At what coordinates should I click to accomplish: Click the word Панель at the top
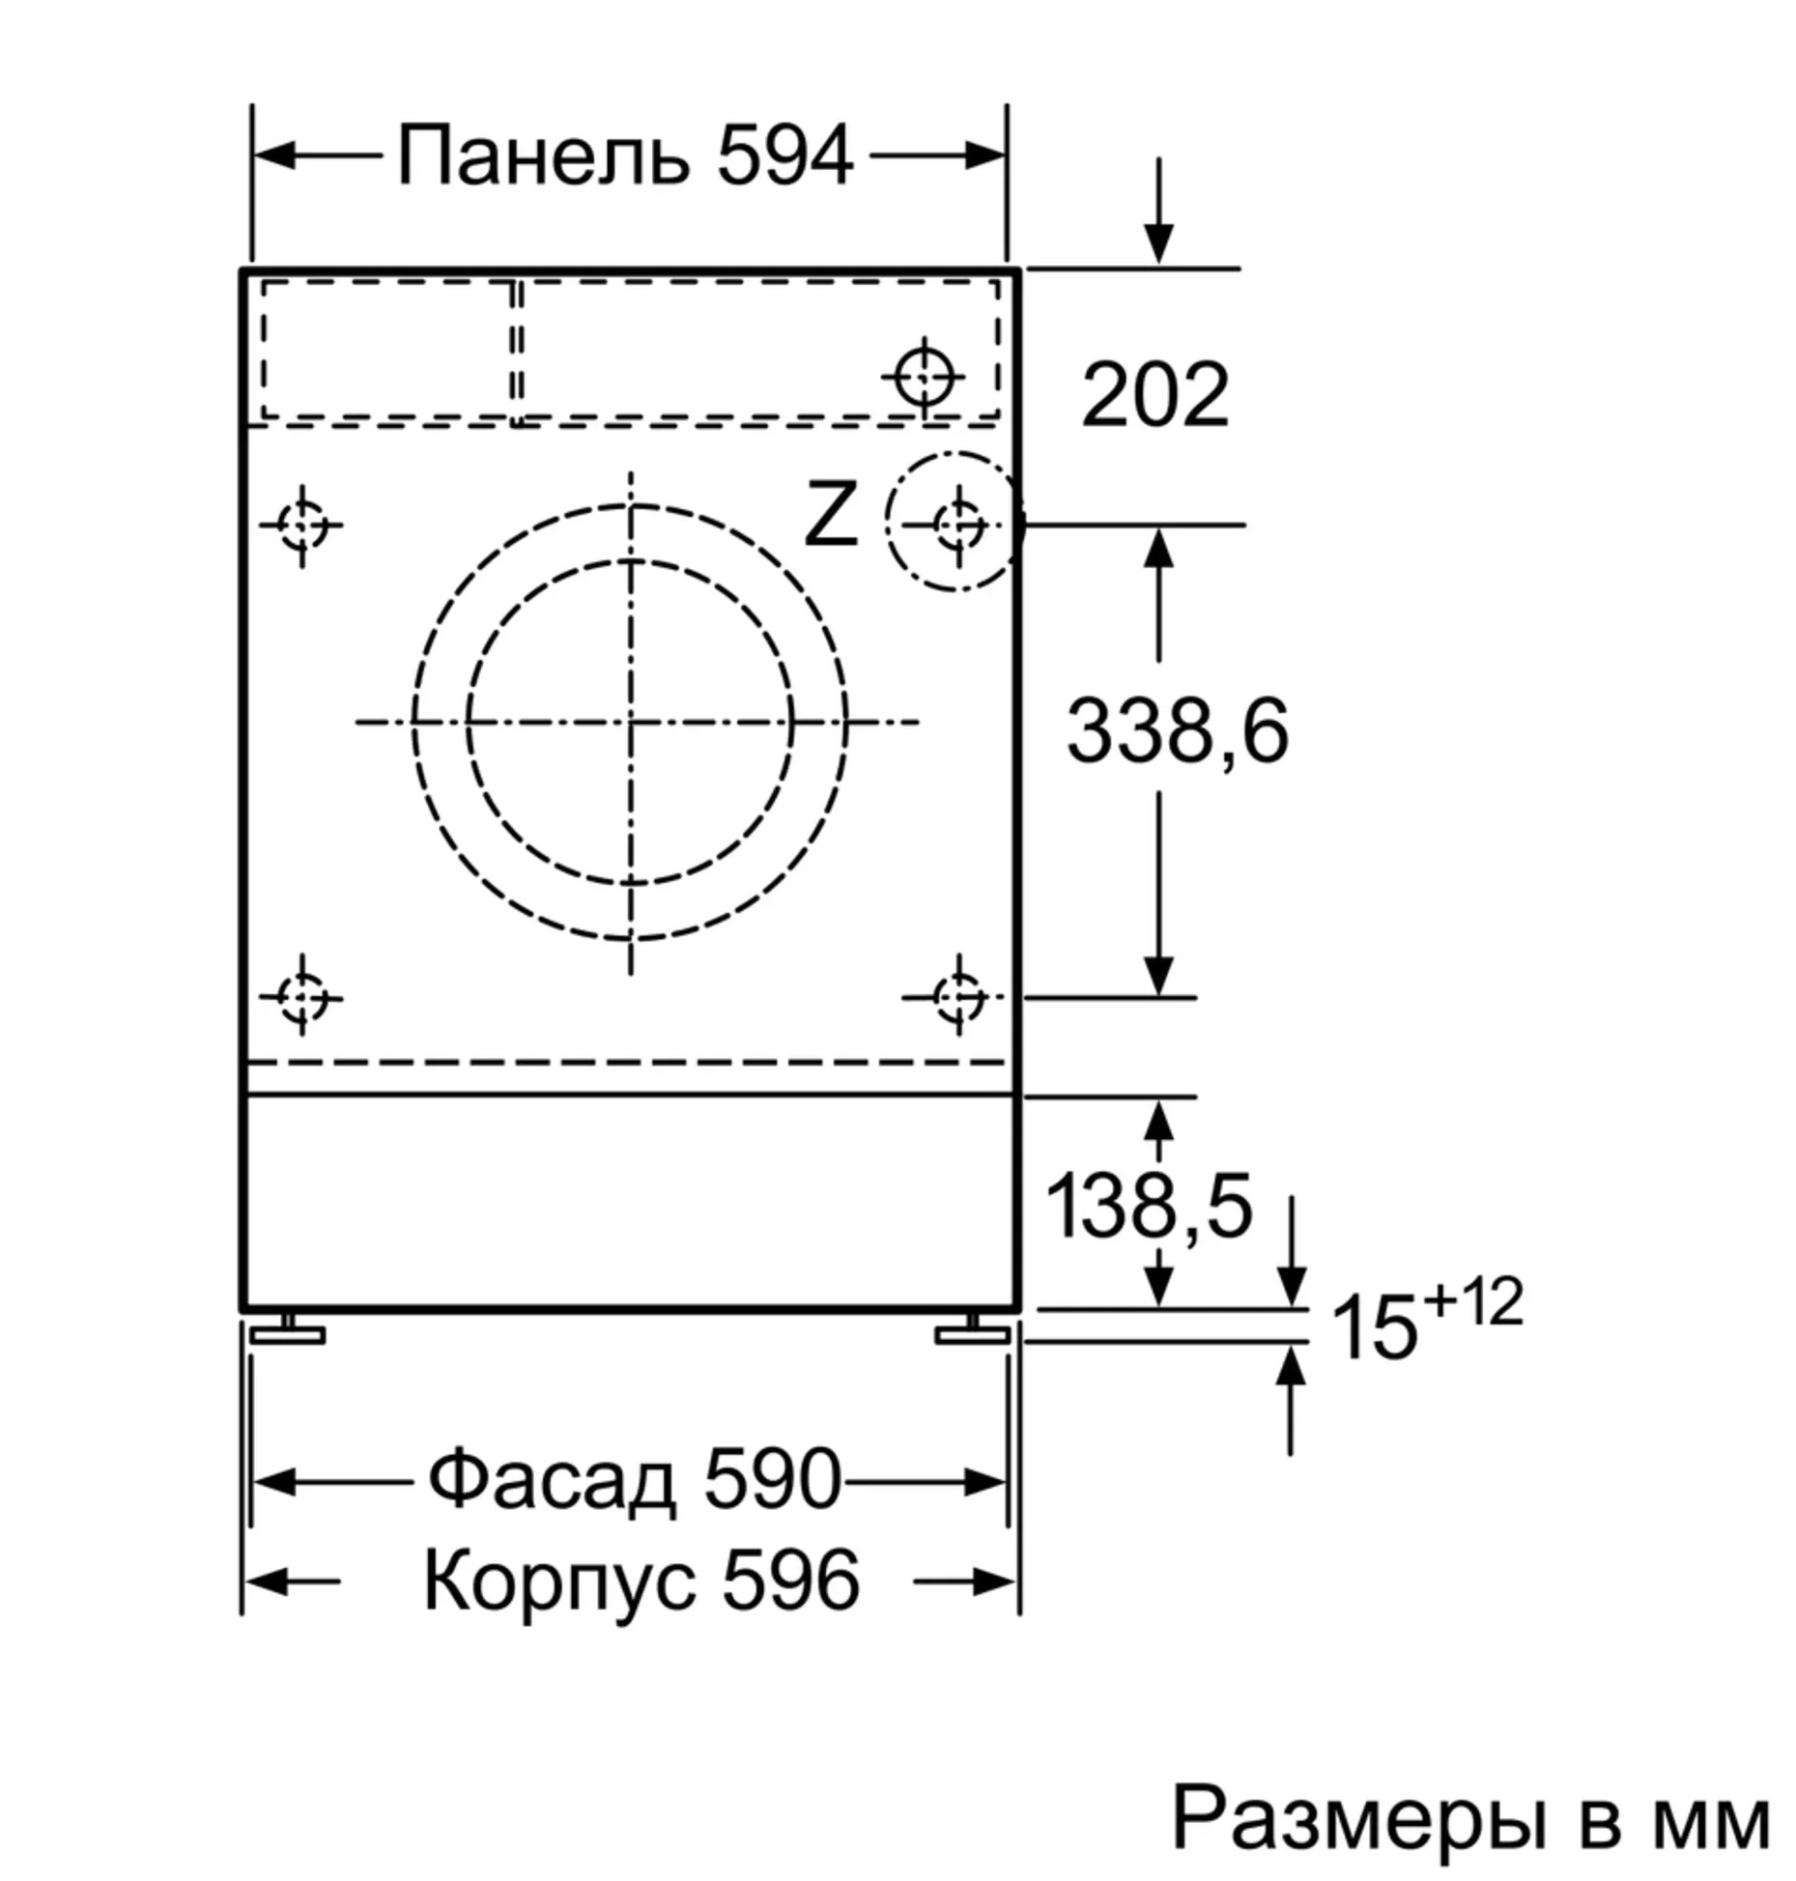(544, 156)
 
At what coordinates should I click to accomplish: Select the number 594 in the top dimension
(784, 156)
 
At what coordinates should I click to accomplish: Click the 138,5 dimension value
(1149, 1206)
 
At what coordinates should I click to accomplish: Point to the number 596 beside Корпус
(790, 1581)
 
